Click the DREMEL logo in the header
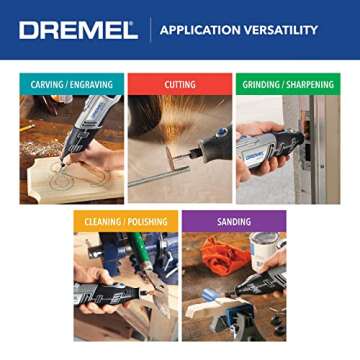[x=78, y=30]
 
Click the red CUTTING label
[x=179, y=85]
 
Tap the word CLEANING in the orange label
[x=98, y=222]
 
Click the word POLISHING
[x=142, y=222]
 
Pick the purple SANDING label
[x=233, y=222]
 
